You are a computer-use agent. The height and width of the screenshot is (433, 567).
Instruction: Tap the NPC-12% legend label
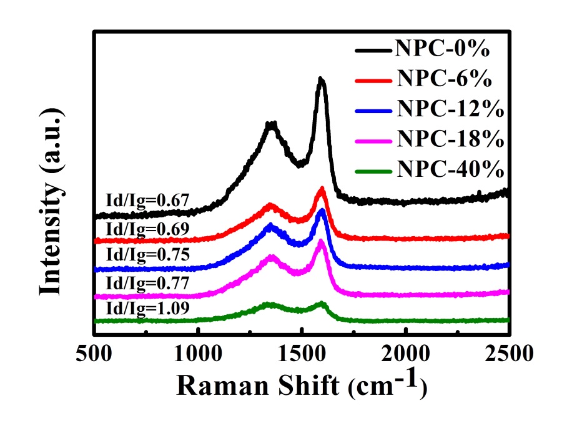[x=448, y=109]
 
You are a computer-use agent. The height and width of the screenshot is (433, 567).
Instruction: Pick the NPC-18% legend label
[x=448, y=139]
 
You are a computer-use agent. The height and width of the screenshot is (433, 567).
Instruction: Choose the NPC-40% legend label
[x=448, y=168]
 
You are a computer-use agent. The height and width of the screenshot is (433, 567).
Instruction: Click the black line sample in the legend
[x=373, y=50]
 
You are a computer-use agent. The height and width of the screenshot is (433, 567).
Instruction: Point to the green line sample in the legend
[x=373, y=168]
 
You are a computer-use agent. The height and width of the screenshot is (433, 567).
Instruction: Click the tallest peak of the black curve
[x=321, y=80]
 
